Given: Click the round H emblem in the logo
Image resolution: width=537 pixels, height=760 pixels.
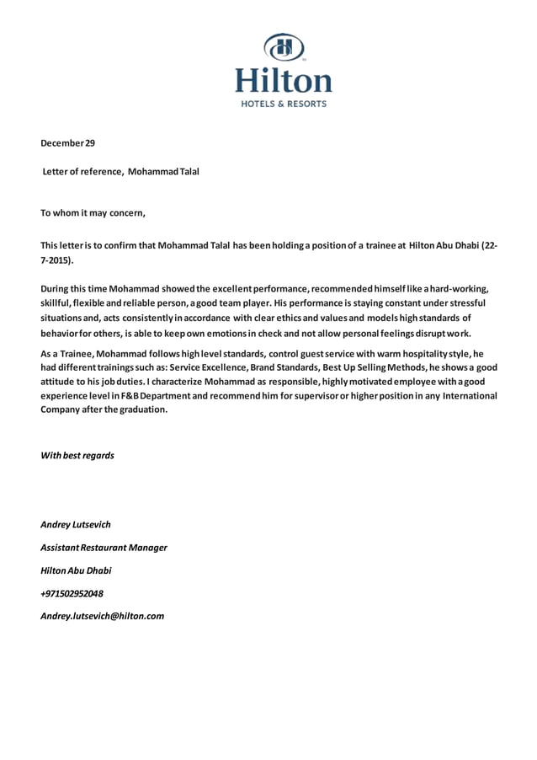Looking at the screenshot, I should coord(283,47).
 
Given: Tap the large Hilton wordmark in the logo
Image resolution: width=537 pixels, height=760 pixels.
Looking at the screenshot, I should coord(283,81).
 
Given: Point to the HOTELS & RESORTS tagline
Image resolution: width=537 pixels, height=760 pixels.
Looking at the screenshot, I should coord(284,104).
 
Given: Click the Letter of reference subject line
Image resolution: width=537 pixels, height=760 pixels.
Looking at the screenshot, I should coord(121,171).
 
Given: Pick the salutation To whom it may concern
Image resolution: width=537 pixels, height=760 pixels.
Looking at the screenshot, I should coord(93,212).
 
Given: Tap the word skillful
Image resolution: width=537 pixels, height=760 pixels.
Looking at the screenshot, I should coord(57,302).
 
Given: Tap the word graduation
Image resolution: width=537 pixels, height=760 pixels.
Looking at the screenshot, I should coord(143,409).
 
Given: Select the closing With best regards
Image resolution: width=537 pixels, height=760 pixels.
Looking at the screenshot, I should coord(77,456).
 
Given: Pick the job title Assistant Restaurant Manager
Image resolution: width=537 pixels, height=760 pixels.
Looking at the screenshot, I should coord(104,548).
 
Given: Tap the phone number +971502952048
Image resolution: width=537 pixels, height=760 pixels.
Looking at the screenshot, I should coord(72,593).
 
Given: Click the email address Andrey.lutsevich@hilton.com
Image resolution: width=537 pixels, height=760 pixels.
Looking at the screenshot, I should coord(102,616).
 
